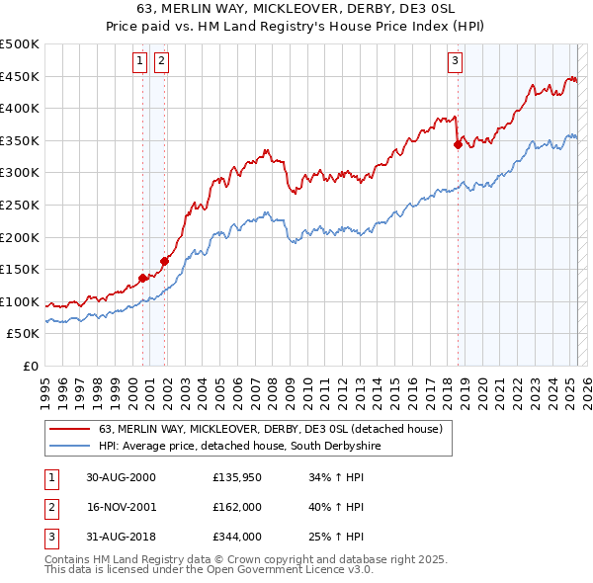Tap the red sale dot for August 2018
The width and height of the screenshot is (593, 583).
click(458, 144)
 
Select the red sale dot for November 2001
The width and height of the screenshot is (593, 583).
click(164, 261)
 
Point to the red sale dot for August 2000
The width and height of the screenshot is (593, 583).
click(142, 278)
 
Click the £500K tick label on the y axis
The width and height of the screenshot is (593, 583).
click(20, 44)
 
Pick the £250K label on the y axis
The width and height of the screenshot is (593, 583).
click(20, 206)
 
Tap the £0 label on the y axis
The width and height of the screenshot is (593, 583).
click(31, 367)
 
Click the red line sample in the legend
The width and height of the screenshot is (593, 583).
click(69, 429)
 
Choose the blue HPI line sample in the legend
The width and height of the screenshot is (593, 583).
click(69, 447)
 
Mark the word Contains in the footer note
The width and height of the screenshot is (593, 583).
click(71, 559)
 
